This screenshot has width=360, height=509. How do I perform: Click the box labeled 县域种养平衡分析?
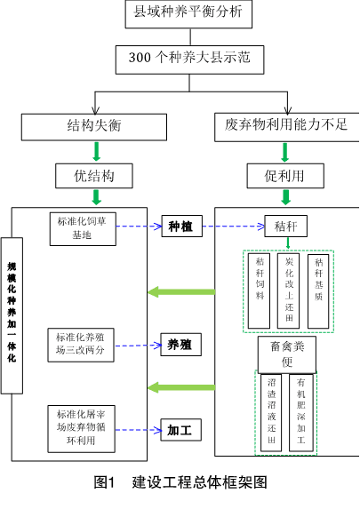tap(188, 13)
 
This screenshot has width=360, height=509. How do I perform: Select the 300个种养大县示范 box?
tap(189, 60)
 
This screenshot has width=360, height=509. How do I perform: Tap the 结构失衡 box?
tap(94, 127)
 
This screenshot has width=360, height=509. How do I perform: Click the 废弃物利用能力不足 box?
tap(287, 127)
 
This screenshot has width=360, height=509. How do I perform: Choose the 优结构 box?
tap(94, 176)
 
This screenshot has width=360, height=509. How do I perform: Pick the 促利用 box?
tap(285, 176)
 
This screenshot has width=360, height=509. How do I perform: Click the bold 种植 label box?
tap(182, 226)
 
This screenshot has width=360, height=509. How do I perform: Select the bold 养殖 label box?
tap(181, 345)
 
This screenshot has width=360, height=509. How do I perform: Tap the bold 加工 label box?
tap(181, 430)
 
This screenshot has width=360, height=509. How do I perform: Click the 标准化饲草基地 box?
tap(83, 229)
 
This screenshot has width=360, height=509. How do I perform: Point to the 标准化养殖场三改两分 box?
tap(81, 345)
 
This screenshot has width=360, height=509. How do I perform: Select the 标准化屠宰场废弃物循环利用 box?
tap(81, 429)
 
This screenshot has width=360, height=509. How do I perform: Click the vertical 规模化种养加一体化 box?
tap(12, 315)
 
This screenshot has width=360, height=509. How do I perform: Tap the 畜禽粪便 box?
tap(287, 354)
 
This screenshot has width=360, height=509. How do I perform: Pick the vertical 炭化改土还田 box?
tap(288, 290)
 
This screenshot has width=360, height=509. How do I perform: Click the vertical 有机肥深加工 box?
tap(301, 412)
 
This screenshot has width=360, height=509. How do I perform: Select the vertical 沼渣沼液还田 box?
tap(271, 412)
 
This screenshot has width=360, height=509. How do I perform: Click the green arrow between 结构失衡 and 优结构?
tap(96, 151)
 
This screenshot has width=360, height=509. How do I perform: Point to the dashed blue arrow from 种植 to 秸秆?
tap(234, 227)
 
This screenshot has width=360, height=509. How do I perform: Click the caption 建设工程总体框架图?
tap(199, 482)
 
